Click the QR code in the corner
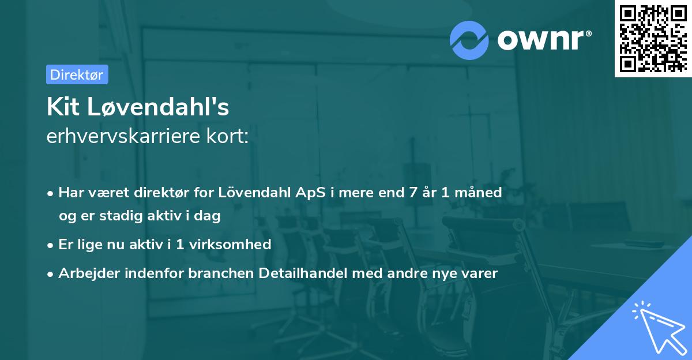pos(653,38)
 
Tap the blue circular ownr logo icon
pos(469,40)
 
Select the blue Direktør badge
pos(77,74)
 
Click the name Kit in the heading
pos(63,107)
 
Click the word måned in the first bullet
pos(480,193)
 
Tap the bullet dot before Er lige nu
pos(51,245)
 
